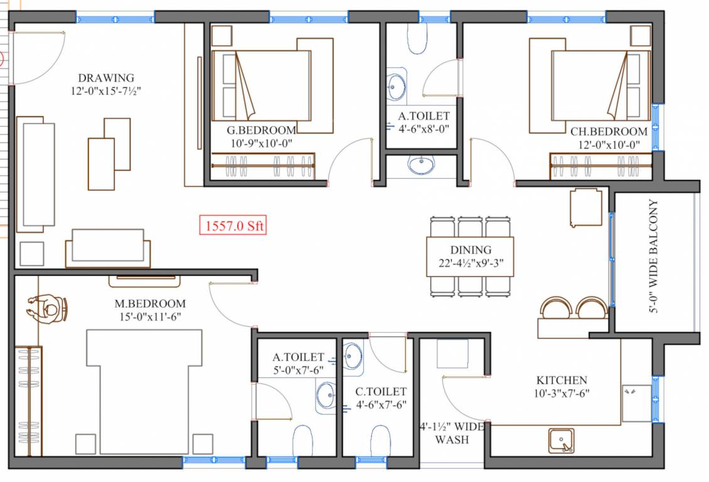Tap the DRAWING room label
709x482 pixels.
(106, 78)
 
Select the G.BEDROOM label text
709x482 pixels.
(261, 131)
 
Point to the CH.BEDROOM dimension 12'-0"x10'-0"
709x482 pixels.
(608, 144)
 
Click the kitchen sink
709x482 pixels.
(561, 440)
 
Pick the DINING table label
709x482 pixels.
(470, 250)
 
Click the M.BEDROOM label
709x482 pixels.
(150, 304)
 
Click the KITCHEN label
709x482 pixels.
(562, 380)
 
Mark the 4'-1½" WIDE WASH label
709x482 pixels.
(452, 434)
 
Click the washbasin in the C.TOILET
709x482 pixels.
(352, 355)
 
